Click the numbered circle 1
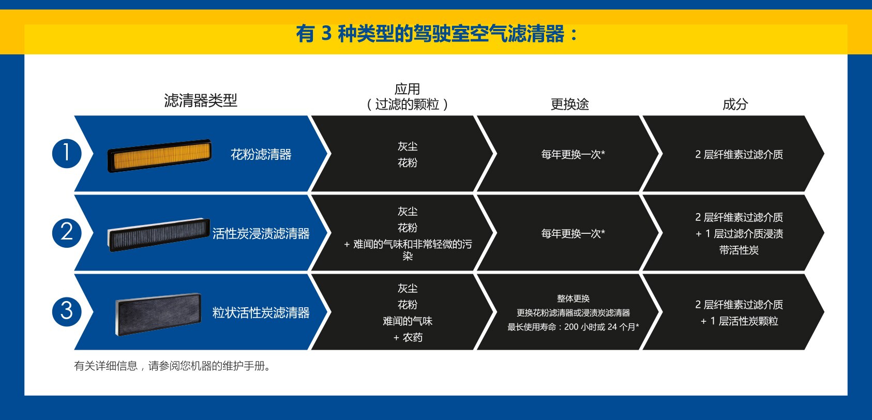coord(67,154)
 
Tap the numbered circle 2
coord(67,233)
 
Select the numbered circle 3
coord(67,311)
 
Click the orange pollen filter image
coord(160,155)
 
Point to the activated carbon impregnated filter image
coord(159,234)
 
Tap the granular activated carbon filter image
coord(158,314)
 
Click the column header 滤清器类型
coord(201,100)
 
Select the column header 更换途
coord(569,104)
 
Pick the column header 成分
coord(735,104)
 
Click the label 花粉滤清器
coord(261,155)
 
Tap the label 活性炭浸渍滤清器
coord(261,234)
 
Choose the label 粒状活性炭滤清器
coord(261,312)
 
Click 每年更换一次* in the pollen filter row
coord(573,155)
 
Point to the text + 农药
coord(408,337)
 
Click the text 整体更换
coord(573,298)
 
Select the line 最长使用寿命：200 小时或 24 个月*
coord(573,327)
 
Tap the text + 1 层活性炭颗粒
coord(739,321)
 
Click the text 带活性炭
coord(739,250)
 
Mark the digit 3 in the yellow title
coord(326,33)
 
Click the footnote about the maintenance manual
coord(173,366)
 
